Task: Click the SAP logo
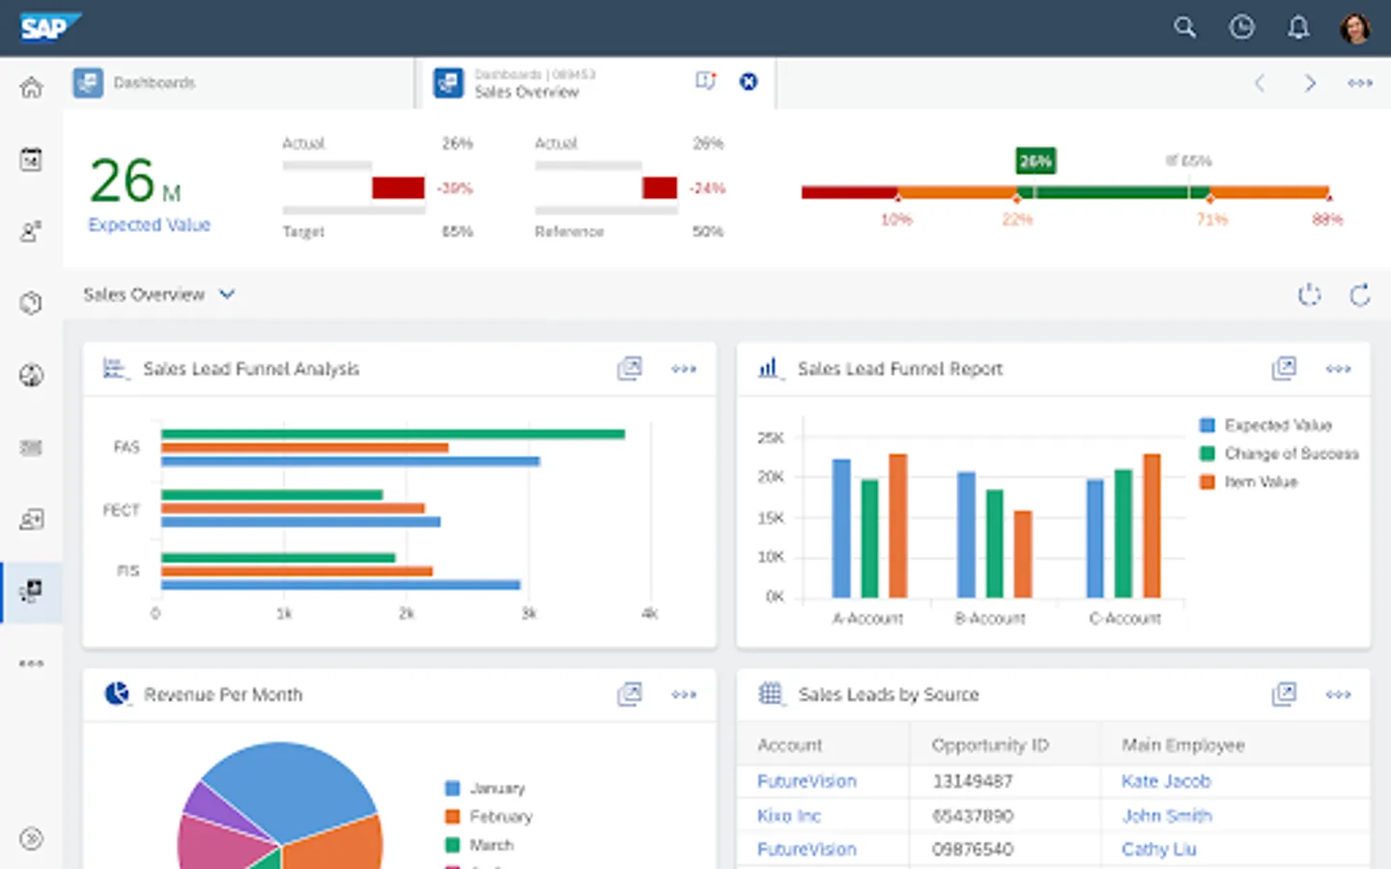tap(48, 27)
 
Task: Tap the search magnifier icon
tap(1184, 27)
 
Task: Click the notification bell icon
tap(1298, 27)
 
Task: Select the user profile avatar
tap(1355, 27)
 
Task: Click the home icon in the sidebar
tap(31, 88)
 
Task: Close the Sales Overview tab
tap(749, 82)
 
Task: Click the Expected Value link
tap(149, 225)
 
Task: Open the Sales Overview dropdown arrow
tap(227, 294)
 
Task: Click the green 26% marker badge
tap(1036, 161)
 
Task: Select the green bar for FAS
tap(392, 434)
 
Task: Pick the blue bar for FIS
tap(340, 584)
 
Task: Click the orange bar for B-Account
tap(1023, 553)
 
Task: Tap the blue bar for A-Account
tap(841, 527)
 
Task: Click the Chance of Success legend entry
tap(1291, 454)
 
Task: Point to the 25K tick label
tap(771, 438)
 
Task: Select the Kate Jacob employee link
tap(1166, 781)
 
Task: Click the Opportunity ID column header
tap(990, 745)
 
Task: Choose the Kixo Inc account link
tap(789, 816)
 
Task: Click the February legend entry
tap(500, 817)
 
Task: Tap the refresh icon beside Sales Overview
tap(1360, 295)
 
